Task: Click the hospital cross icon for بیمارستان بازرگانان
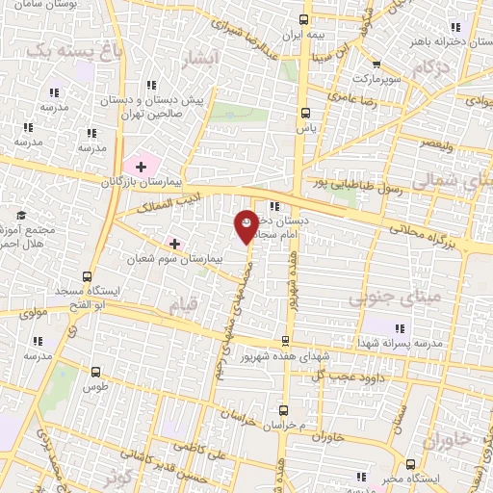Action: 143,167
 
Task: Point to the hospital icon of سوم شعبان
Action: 174,243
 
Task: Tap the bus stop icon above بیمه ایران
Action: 304,19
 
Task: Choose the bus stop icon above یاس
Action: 306,112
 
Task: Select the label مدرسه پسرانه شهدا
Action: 411,343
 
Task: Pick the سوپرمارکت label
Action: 373,76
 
